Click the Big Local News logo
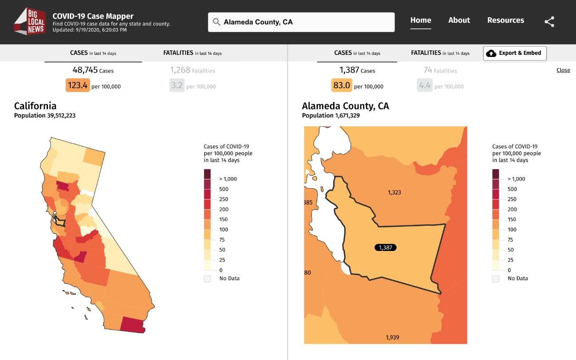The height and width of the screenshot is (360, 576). coord(30,21)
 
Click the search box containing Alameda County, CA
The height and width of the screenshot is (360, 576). coord(301,22)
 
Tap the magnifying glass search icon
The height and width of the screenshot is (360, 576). coord(217,22)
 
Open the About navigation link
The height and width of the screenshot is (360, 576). coord(459,20)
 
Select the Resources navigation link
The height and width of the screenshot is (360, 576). coord(506,20)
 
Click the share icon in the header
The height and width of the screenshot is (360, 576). coord(549,22)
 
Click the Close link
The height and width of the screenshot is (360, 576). coord(563,70)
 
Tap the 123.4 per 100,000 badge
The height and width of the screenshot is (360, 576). coord(78,85)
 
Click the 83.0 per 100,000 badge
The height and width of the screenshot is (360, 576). coord(342,85)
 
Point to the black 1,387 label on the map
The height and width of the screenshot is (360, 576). coord(386,247)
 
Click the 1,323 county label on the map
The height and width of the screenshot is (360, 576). coord(394,193)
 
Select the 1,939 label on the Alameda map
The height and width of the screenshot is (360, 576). coord(392,337)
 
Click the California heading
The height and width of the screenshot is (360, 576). coord(35,106)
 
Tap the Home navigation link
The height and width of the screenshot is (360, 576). coord(421,20)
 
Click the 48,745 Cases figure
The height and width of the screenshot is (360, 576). coord(93,70)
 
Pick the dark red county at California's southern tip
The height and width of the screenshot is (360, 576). coord(132,325)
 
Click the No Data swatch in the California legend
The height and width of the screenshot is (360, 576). coord(207,279)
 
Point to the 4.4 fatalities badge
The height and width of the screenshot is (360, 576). coord(424,85)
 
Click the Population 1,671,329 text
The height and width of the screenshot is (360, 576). coord(330,116)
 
